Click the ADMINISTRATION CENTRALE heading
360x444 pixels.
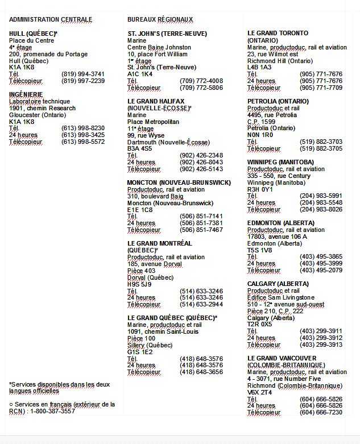[x=51, y=19]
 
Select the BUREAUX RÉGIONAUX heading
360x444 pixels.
[x=160, y=19]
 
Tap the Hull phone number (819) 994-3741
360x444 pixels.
[x=83, y=74]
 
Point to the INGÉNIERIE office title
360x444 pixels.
[x=26, y=94]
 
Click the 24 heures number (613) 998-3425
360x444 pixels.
[x=83, y=135]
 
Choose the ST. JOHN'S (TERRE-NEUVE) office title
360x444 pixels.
[x=167, y=34]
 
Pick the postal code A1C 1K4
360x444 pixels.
[x=140, y=74]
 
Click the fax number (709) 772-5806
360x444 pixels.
[x=201, y=88]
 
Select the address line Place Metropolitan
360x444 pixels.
[x=153, y=122]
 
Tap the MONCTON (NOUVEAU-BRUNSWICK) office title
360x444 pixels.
[x=179, y=182]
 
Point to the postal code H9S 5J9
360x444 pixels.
[x=139, y=284]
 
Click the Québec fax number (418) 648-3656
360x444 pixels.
[x=201, y=372]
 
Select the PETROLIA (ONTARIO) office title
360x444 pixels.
[x=278, y=101]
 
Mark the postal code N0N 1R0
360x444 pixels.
[x=260, y=135]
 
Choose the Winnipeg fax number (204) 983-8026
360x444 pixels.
[x=321, y=210]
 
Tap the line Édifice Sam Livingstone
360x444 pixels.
[x=281, y=297]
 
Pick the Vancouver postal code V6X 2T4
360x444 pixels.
[x=259, y=392]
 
